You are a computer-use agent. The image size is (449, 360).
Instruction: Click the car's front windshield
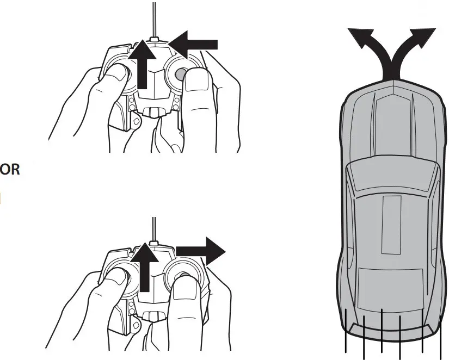pyautogui.click(x=392, y=179)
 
